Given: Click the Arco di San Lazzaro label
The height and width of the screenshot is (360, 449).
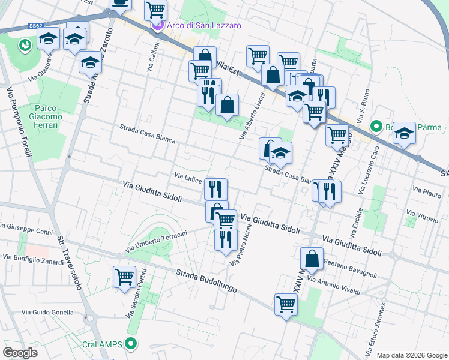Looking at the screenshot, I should click(205, 26).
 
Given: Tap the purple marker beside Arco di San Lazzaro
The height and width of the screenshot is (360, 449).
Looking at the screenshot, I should click(157, 26).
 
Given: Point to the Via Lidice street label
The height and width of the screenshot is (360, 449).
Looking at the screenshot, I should click(188, 178).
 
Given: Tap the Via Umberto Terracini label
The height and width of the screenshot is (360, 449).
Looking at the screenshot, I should click(157, 241).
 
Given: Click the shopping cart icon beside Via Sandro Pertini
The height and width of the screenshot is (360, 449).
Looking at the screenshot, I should click(124, 277).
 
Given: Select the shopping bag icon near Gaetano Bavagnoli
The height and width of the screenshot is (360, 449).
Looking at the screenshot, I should click(312, 259).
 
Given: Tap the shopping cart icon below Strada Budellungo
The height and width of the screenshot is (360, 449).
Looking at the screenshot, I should click(286, 304).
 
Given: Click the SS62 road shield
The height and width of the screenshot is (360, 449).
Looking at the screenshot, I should click(35, 26).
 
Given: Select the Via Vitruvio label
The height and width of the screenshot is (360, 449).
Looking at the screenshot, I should click(422, 214).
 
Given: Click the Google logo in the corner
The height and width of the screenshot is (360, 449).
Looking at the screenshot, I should click(20, 353).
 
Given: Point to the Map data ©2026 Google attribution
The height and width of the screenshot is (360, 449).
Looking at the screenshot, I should click(411, 355).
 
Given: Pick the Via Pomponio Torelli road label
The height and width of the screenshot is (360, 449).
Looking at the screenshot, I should click(19, 122).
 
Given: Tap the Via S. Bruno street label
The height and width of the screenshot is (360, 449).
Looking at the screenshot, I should click(364, 103).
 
